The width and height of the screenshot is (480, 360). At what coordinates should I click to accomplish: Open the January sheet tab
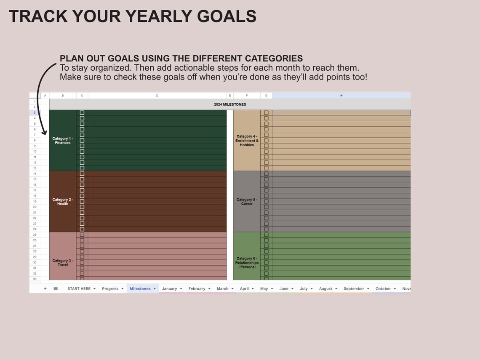169,289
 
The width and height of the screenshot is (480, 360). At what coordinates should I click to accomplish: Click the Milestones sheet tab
140,289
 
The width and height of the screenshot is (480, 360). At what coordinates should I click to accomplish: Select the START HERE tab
79,289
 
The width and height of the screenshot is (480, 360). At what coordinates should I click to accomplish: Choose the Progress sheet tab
110,289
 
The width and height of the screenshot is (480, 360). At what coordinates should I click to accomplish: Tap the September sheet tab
354,289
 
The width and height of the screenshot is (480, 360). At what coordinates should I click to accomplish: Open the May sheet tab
264,289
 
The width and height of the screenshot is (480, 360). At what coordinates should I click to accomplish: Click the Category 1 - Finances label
63,141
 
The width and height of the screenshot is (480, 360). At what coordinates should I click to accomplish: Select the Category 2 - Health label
63,202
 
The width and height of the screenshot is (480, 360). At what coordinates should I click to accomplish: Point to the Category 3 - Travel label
63,263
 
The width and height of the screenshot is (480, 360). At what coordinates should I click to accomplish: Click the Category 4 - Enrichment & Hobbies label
247,141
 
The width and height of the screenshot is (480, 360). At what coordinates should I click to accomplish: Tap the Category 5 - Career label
247,202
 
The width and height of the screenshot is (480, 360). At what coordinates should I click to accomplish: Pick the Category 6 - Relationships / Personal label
247,263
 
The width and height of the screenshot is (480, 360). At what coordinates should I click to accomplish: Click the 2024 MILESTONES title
230,104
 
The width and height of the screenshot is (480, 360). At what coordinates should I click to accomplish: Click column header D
157,96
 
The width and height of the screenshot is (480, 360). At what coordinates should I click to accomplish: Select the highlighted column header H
341,96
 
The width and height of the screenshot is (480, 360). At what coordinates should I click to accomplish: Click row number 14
35,174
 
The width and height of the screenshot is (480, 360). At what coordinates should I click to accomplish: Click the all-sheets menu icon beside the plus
56,289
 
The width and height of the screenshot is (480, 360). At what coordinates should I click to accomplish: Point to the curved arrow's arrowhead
44,133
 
